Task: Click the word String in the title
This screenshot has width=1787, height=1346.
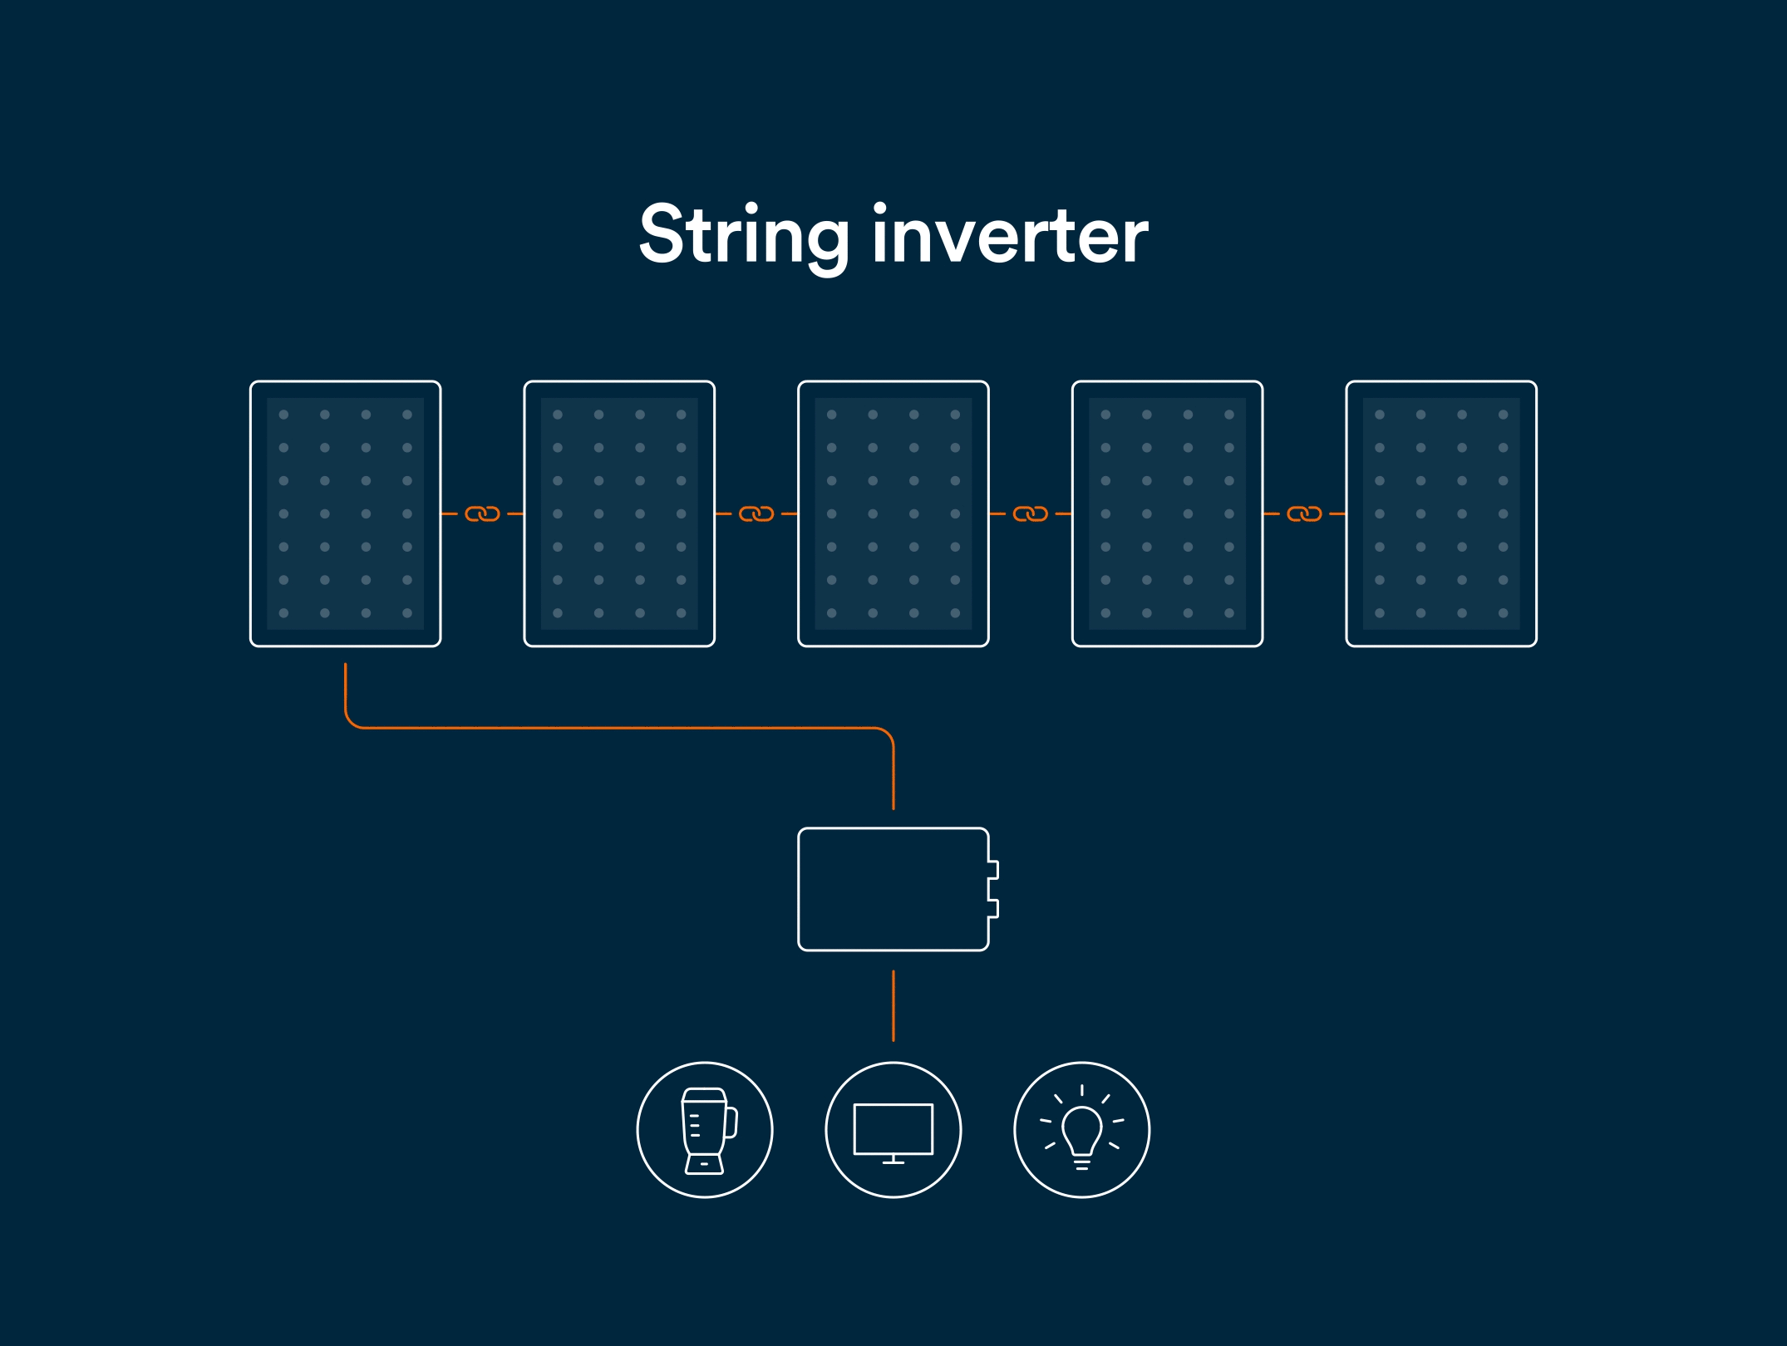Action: coord(742,236)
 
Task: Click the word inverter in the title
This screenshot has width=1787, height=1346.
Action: coord(1009,236)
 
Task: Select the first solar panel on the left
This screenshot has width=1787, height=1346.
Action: coord(345,513)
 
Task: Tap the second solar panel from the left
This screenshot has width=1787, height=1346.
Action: coord(619,513)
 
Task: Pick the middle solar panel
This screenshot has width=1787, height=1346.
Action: coord(893,513)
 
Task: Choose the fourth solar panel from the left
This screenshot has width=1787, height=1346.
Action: coord(1167,513)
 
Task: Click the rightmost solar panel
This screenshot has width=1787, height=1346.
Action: coord(1441,513)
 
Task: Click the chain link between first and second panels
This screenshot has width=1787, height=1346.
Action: coord(482,514)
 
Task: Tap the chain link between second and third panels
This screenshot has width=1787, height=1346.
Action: coord(756,514)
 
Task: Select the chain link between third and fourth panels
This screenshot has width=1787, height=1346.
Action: coord(1031,514)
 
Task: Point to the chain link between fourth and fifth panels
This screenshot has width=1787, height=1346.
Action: coord(1304,514)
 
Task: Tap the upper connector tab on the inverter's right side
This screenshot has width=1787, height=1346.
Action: coord(993,870)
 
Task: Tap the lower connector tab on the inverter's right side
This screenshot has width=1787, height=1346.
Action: coord(993,908)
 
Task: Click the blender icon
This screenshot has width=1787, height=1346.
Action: coord(705,1130)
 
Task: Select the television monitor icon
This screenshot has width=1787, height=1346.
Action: coord(893,1130)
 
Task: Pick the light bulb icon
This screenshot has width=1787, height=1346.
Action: coord(1082,1130)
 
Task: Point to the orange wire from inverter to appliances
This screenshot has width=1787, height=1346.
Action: coord(893,1005)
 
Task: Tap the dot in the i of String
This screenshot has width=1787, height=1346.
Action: coord(752,208)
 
